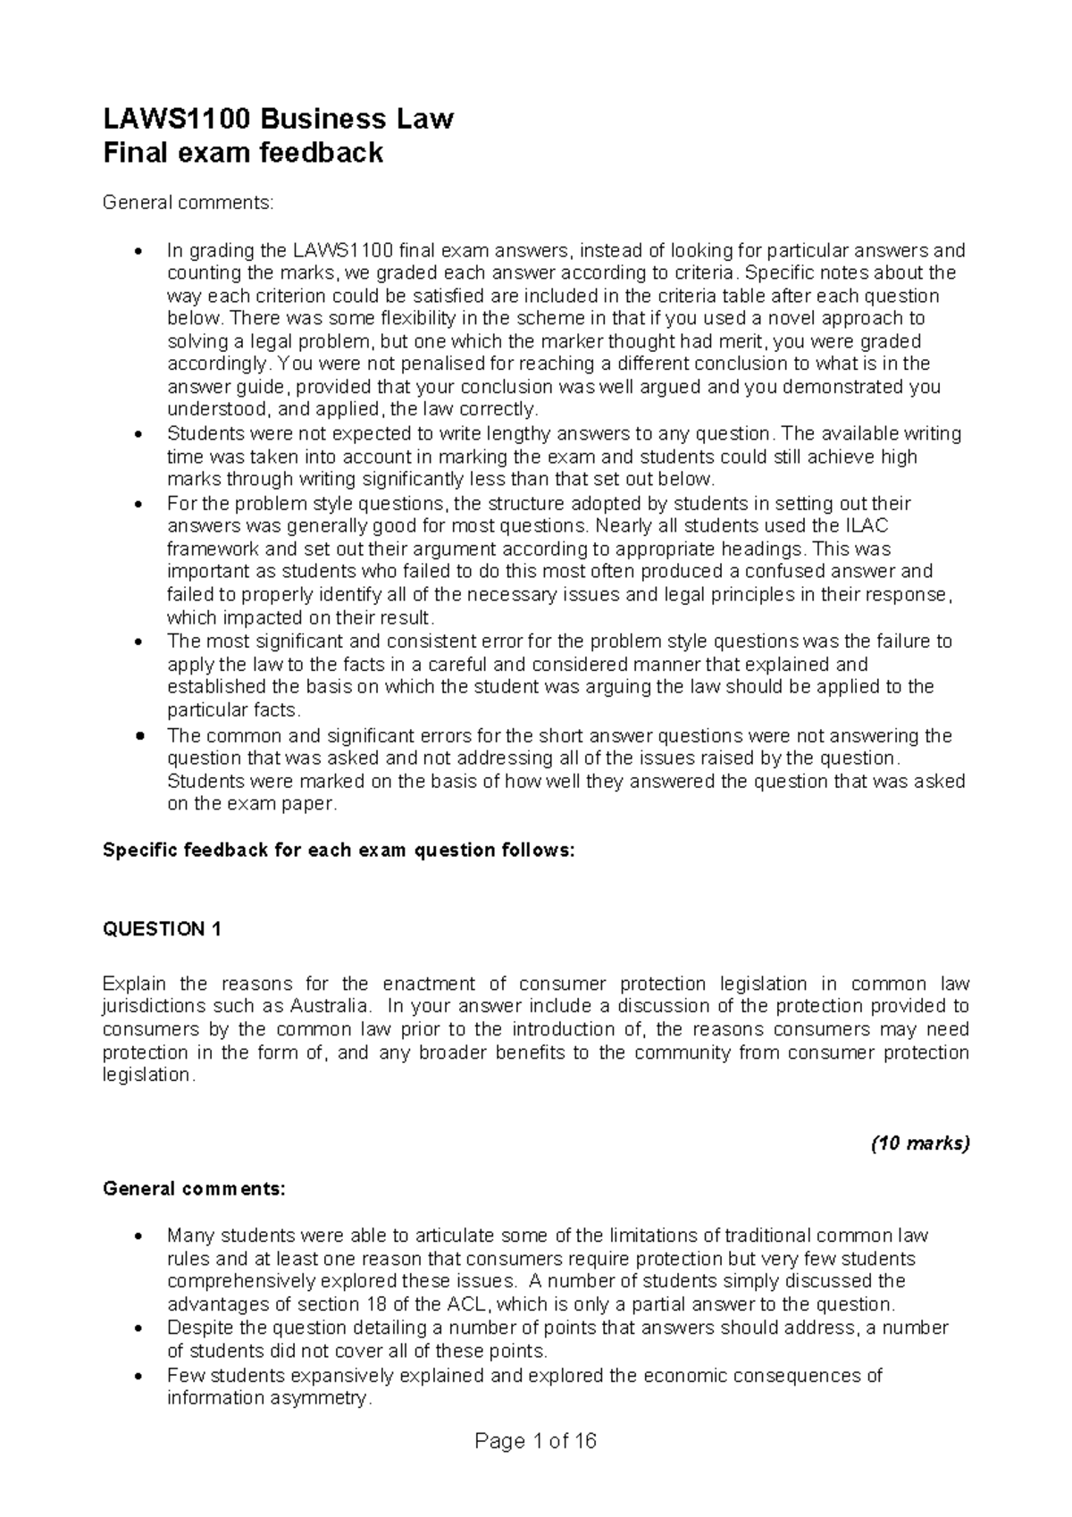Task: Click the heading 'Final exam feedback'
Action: tap(243, 154)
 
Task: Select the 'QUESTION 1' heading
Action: tap(162, 929)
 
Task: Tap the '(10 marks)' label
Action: tap(920, 1144)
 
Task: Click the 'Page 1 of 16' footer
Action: tap(536, 1441)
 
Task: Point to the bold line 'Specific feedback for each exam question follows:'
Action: tap(339, 851)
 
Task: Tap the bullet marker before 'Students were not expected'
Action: tap(137, 435)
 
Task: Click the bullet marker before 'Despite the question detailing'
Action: tap(137, 1328)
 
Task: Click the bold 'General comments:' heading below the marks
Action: tap(195, 1189)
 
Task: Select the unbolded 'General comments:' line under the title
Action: tap(188, 204)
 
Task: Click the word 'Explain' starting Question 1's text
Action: tap(134, 984)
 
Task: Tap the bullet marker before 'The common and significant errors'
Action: tap(137, 737)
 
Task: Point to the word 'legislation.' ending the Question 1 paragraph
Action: tap(148, 1076)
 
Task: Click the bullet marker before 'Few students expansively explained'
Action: tap(137, 1376)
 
